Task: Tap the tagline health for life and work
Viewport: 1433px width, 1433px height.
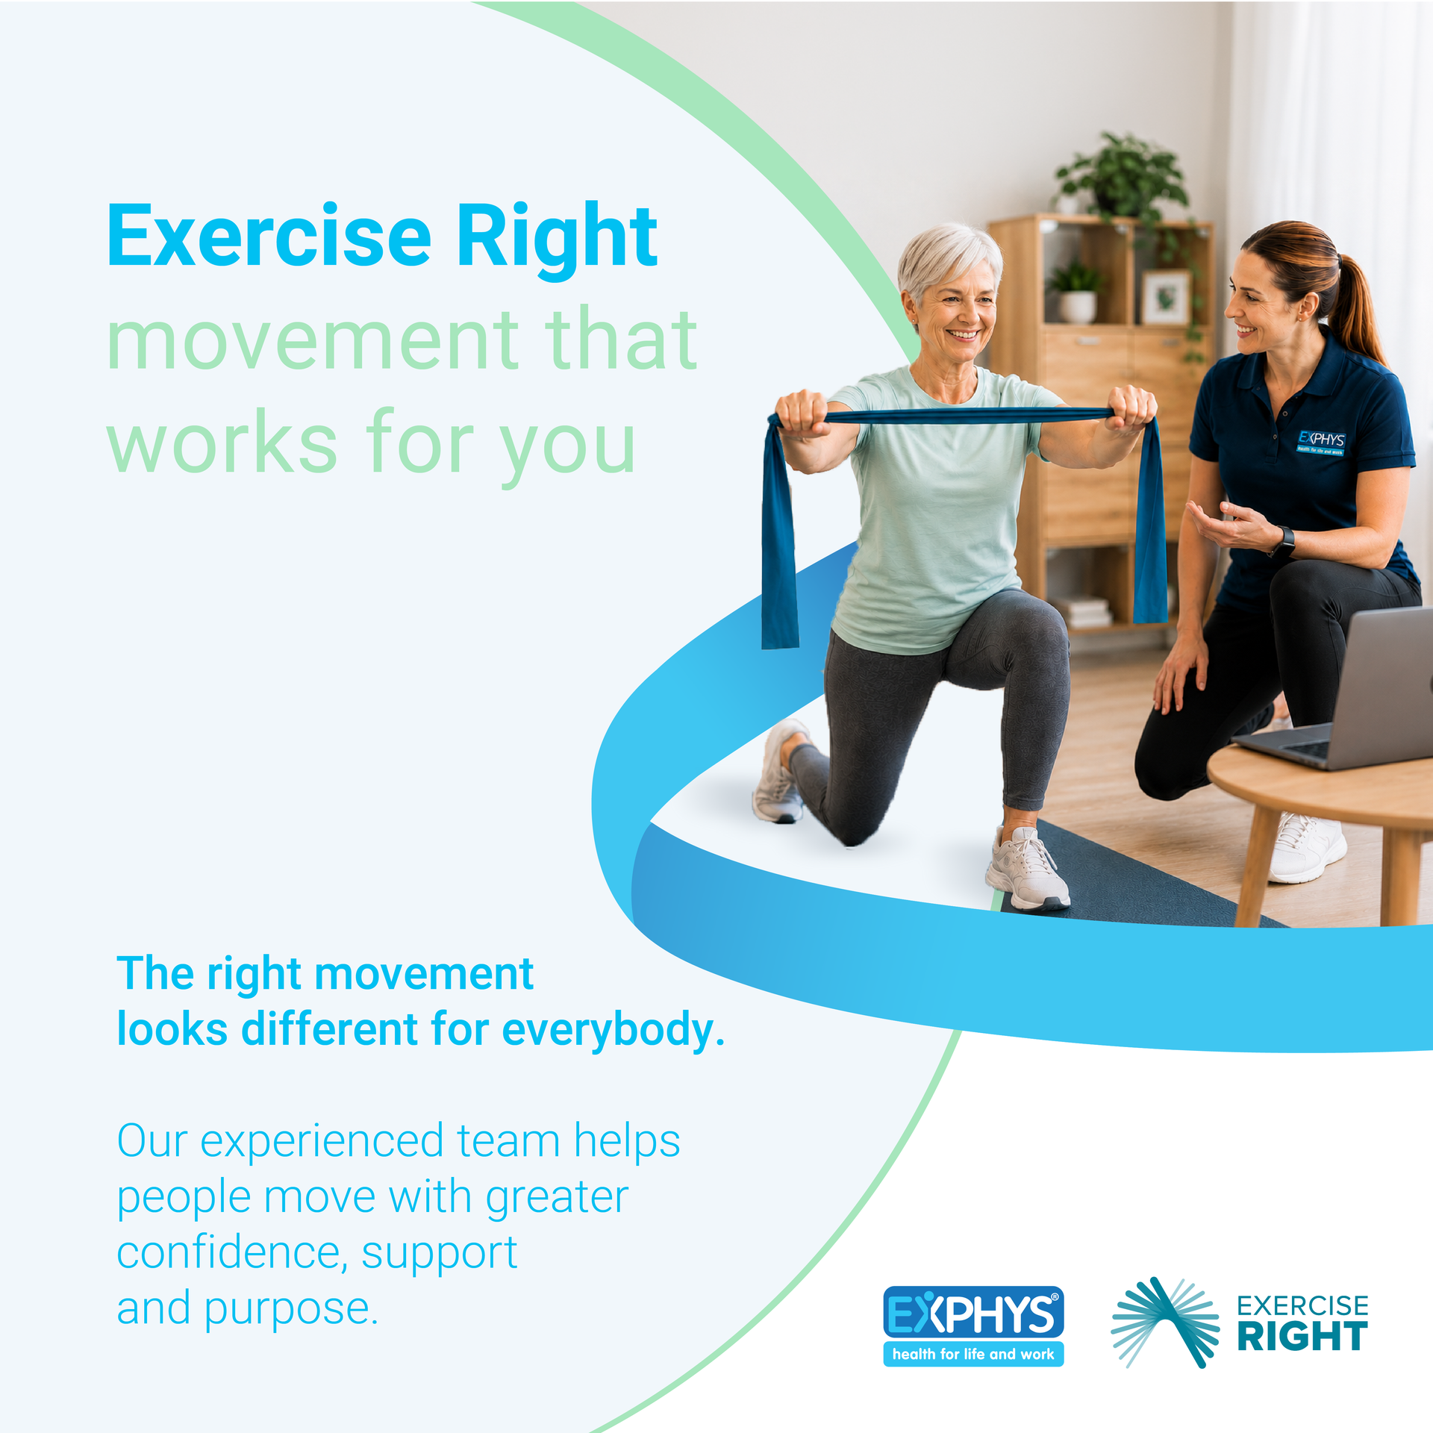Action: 973,1354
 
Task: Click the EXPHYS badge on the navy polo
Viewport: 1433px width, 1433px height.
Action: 1321,442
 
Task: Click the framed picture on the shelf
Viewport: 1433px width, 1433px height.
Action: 1167,297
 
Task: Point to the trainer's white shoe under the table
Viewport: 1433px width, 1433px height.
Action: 1308,847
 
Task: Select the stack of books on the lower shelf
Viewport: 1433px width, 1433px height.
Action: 1086,612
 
